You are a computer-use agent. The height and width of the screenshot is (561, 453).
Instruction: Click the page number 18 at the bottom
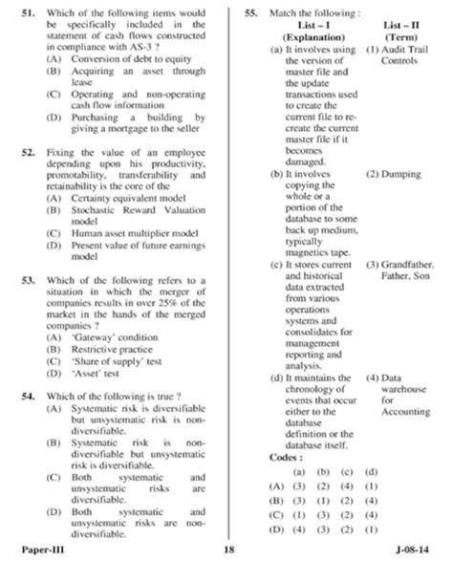[228, 550]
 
